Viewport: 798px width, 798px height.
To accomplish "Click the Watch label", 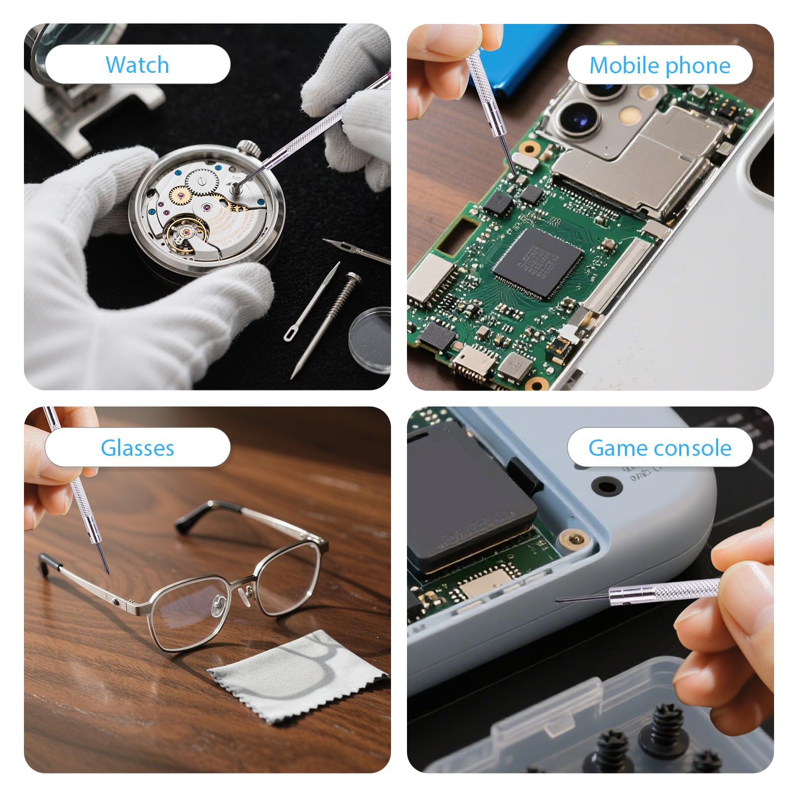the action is tap(137, 65).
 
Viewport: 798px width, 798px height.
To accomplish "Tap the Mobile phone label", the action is tap(660, 65).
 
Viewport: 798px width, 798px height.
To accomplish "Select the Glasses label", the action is tap(137, 447).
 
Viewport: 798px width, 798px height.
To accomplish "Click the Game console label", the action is tap(660, 448).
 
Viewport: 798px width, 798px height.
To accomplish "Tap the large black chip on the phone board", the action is tap(538, 263).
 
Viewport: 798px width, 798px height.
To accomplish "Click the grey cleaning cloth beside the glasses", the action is tap(298, 677).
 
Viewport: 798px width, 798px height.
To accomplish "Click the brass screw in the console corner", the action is tap(574, 539).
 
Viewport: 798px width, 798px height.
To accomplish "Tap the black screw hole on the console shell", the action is tap(606, 485).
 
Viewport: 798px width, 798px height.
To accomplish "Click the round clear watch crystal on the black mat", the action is tap(370, 339).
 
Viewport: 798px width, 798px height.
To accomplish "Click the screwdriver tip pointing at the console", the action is tap(557, 600).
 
